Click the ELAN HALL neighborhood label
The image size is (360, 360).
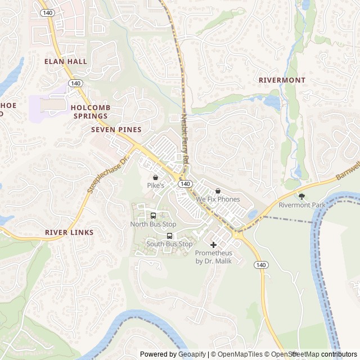(66, 61)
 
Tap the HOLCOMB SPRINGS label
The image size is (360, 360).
(91, 111)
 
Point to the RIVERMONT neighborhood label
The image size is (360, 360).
(282, 80)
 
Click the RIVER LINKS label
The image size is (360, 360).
(69, 232)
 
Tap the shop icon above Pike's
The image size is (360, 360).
(155, 177)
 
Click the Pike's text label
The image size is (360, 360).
(155, 185)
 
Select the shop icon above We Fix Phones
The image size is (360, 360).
(218, 191)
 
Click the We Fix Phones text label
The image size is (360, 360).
(218, 199)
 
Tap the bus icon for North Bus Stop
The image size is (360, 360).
(153, 216)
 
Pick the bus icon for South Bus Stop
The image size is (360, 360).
(169, 236)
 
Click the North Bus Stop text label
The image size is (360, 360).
(153, 224)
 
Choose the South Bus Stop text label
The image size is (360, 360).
(169, 244)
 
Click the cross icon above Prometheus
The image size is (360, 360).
(213, 245)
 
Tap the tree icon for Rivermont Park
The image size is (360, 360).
(302, 196)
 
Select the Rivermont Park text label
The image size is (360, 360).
(302, 205)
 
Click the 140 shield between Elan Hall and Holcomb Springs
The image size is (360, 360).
(75, 83)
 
